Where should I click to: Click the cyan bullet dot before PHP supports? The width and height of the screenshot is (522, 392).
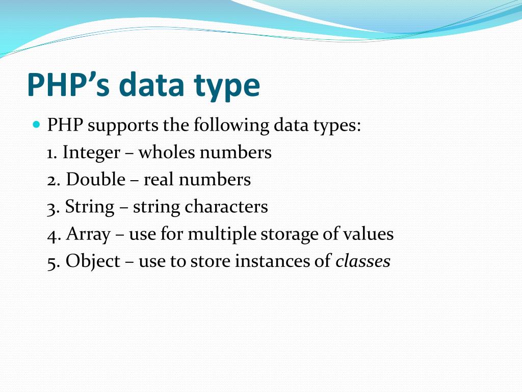click(36, 124)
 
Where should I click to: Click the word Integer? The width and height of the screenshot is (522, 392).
click(91, 153)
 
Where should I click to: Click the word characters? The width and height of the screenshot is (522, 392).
click(226, 207)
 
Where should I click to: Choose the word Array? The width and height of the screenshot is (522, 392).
click(88, 235)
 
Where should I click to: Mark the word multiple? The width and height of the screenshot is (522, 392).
click(222, 235)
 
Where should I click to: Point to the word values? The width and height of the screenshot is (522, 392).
click(368, 234)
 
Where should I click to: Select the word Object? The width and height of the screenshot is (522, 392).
click(93, 261)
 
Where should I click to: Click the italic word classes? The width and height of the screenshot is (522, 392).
click(362, 261)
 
